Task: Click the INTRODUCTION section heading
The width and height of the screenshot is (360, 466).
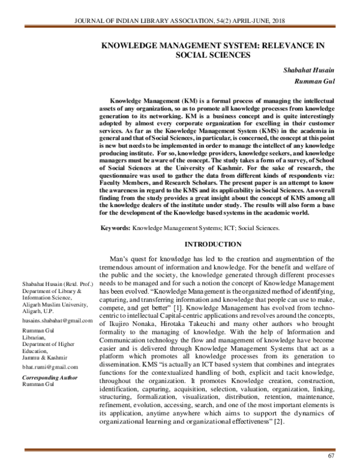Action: [x=212, y=244]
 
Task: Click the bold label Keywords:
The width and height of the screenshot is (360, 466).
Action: [x=115, y=228]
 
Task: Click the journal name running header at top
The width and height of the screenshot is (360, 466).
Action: [x=179, y=23]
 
